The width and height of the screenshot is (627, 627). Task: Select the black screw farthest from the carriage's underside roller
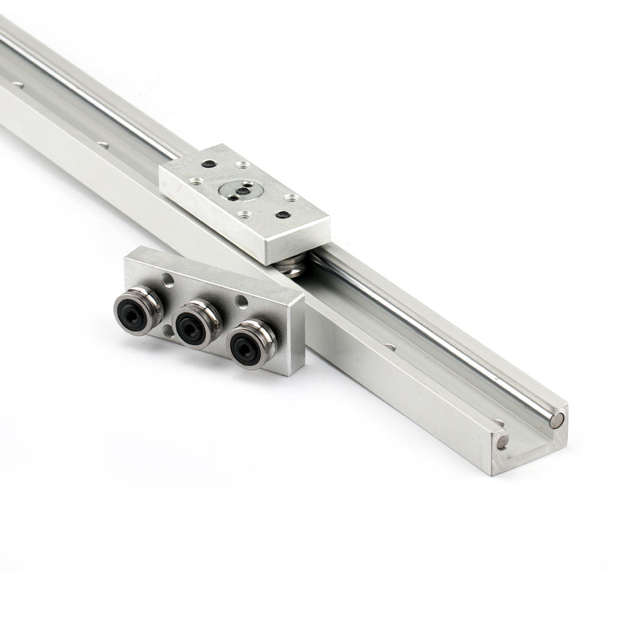(209, 164)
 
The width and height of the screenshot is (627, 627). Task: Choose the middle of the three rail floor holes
(103, 146)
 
